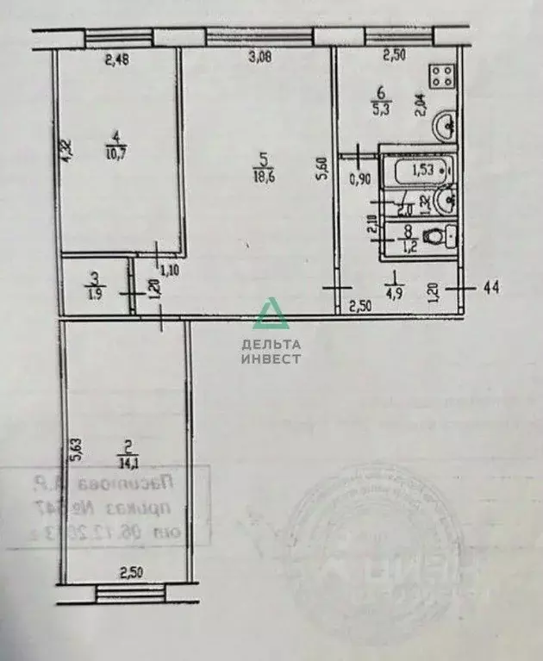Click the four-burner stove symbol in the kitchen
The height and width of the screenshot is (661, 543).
pyautogui.click(x=442, y=76)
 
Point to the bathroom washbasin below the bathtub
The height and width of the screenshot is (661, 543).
pyautogui.click(x=446, y=203)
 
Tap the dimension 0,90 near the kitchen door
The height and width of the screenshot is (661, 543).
pyautogui.click(x=359, y=179)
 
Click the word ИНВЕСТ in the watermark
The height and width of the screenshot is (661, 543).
pyautogui.click(x=271, y=359)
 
